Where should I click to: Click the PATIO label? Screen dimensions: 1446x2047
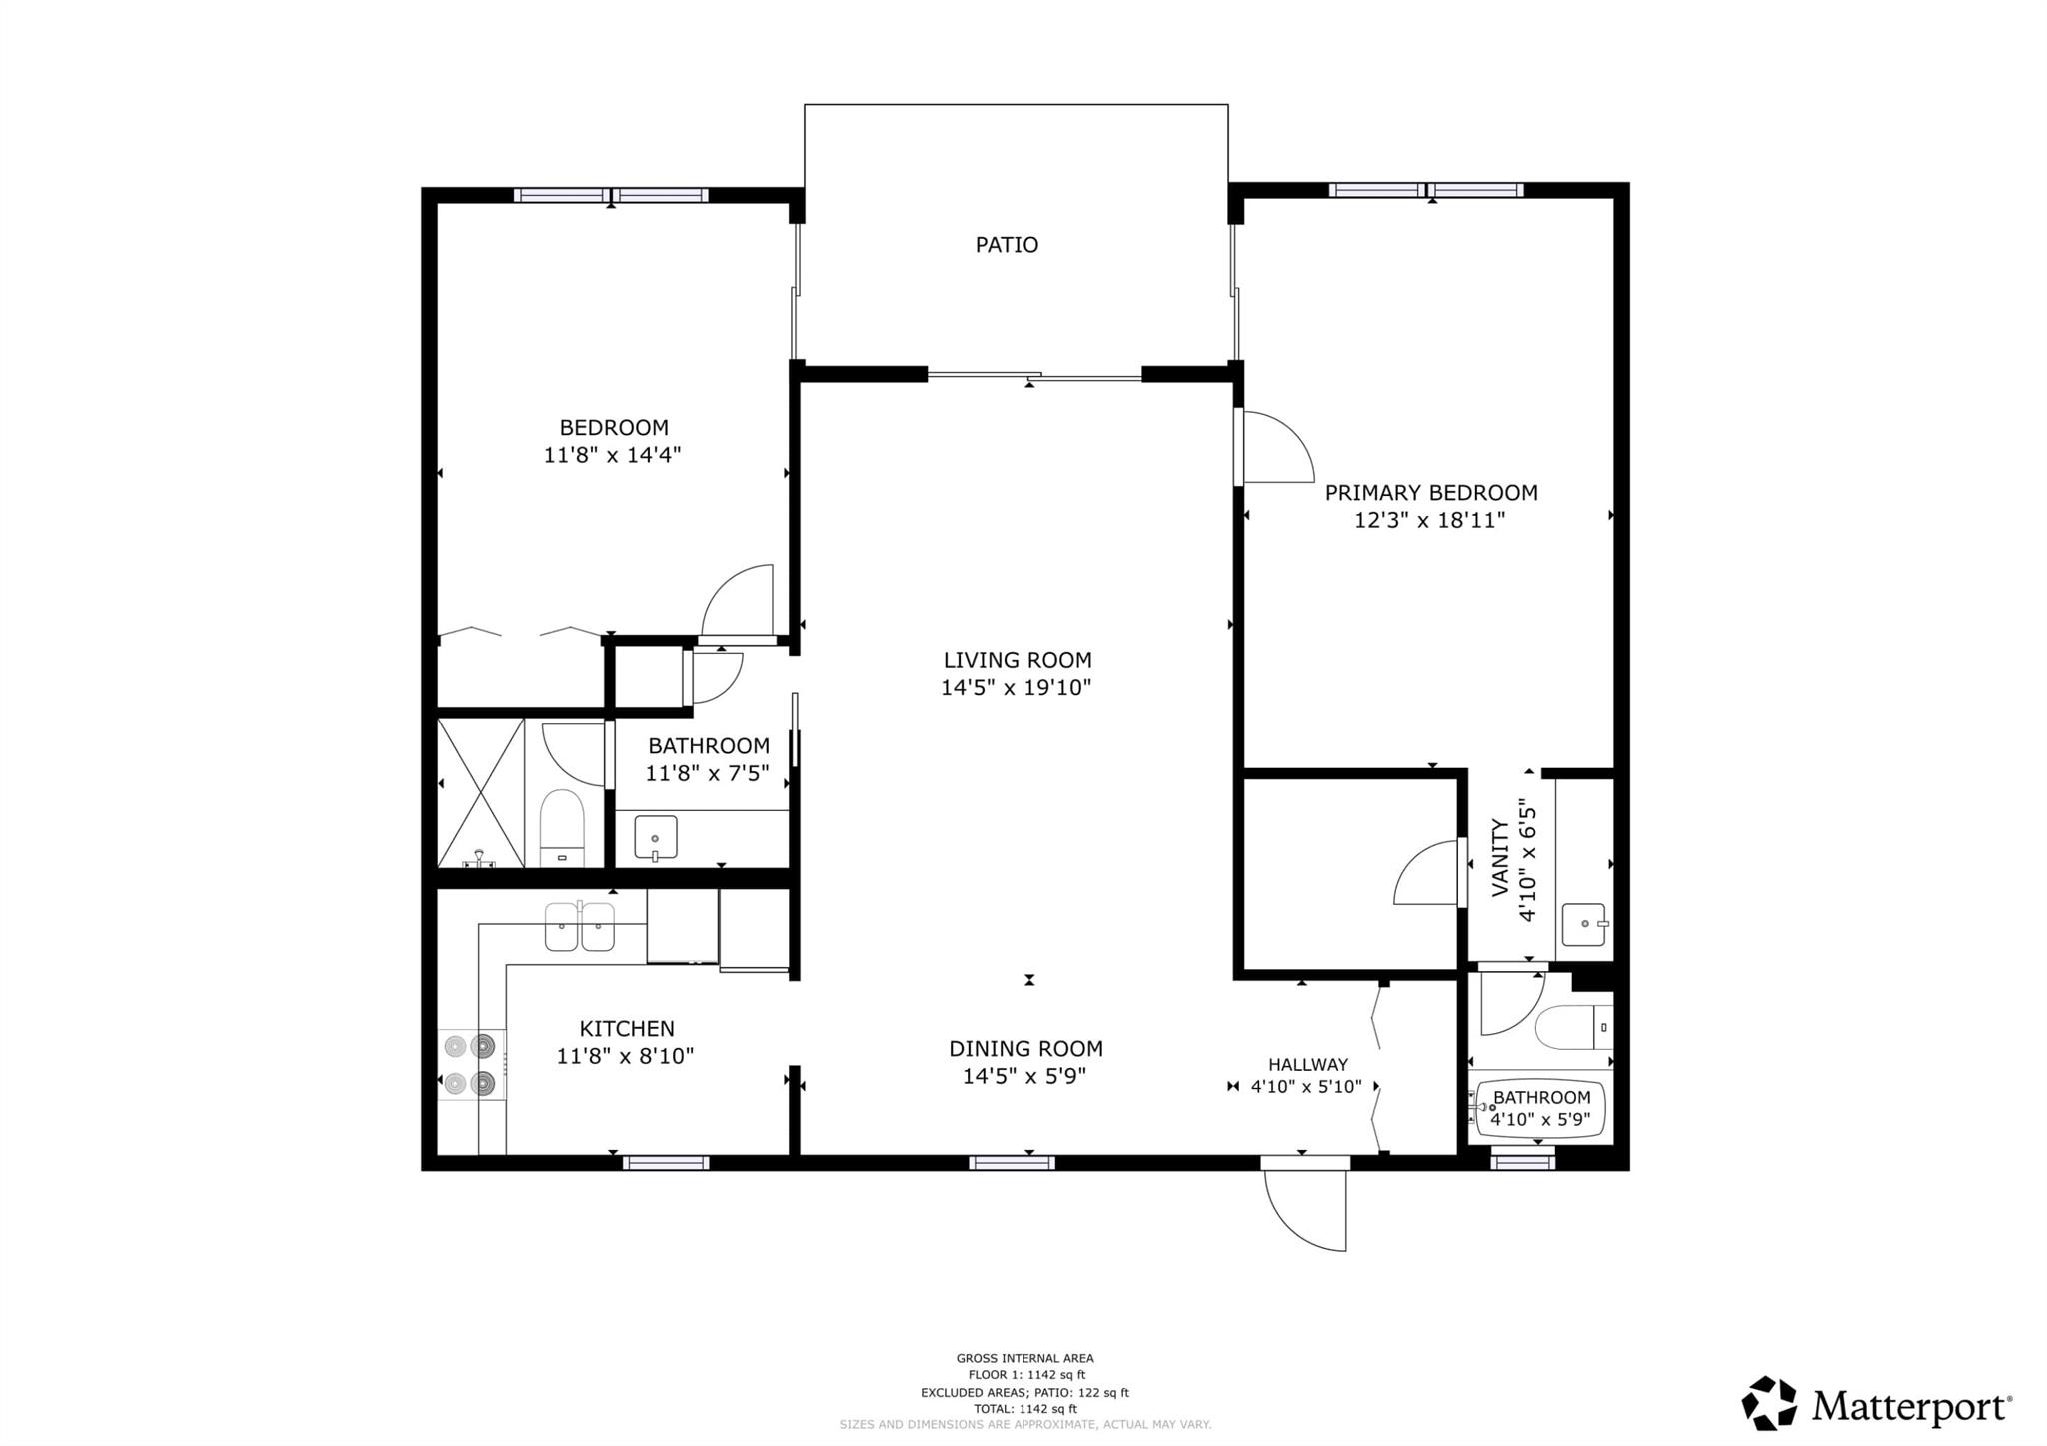1007,245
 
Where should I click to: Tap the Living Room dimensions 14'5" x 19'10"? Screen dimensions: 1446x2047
1016,688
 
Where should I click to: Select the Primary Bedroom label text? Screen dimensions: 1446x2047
1430,493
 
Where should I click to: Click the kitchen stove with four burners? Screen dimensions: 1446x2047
471,1065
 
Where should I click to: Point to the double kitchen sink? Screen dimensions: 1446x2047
580,926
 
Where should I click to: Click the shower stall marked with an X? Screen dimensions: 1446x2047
481,792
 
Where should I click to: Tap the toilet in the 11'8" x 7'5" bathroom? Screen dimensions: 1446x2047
561,827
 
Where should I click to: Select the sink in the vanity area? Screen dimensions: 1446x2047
1583,925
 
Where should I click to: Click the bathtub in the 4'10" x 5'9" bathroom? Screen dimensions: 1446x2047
1540,1108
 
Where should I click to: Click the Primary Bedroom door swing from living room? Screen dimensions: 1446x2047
1273,447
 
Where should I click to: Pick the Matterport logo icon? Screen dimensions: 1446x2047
1769,1403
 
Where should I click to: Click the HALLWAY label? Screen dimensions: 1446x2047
1307,1065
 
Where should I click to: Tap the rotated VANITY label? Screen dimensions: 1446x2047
1500,858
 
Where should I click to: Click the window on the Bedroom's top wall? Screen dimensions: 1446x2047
611,195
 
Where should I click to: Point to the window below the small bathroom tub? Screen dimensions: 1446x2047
1522,1160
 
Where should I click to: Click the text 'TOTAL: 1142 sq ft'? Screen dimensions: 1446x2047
1024,1409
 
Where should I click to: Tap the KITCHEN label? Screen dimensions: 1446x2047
627,1029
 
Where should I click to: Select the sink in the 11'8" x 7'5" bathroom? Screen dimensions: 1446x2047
655,837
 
